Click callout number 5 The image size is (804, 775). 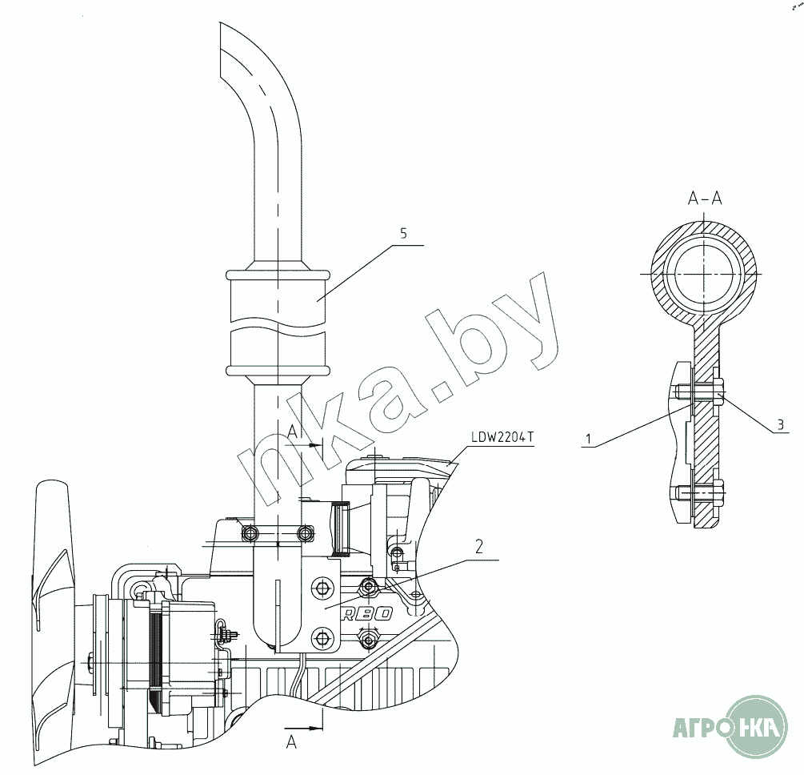[403, 234]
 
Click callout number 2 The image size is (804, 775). [479, 547]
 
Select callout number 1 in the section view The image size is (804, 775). [589, 439]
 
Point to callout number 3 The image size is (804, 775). [781, 424]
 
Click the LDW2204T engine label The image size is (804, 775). [502, 437]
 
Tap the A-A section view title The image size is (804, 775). [705, 199]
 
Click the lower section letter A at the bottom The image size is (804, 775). [291, 741]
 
